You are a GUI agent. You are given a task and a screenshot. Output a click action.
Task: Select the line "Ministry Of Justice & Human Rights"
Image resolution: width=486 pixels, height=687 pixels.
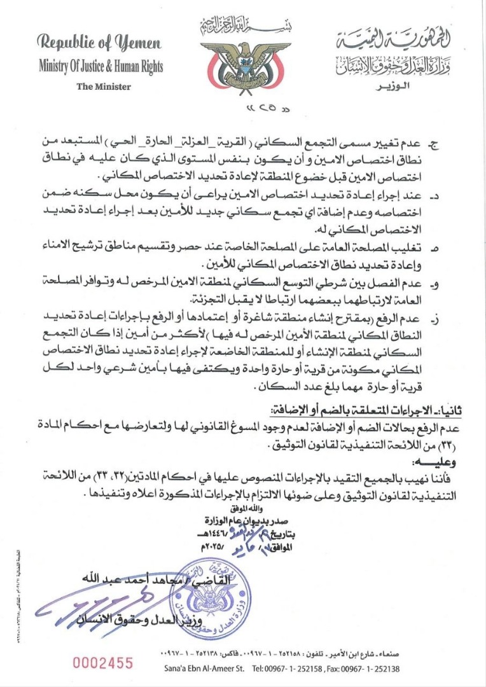(x=101, y=66)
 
